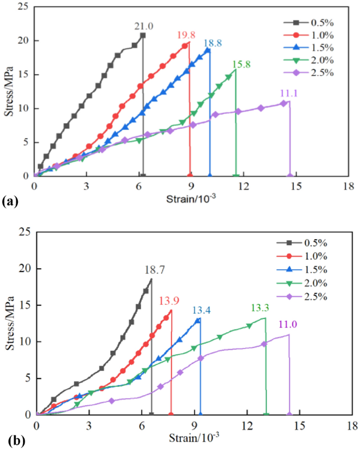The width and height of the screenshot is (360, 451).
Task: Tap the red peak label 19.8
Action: coord(186,35)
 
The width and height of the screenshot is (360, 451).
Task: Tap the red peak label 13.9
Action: coord(168,300)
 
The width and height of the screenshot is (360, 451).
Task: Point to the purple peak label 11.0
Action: coord(289,325)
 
